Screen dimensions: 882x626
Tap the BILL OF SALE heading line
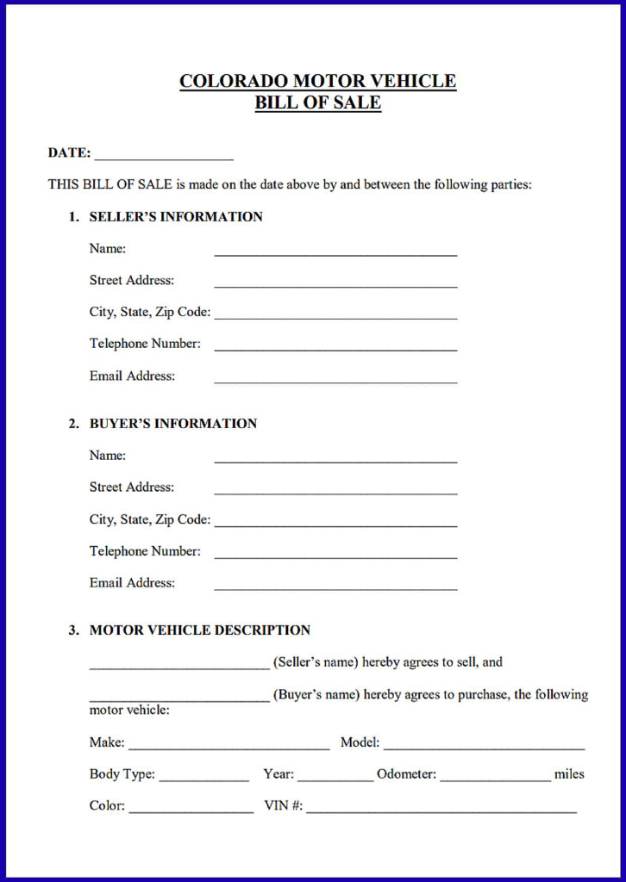317,103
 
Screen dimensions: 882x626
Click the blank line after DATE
164,158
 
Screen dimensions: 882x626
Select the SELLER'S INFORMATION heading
176,217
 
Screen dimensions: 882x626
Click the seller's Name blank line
335,253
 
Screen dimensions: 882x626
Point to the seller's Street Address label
131,281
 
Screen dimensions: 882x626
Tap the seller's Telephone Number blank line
335,348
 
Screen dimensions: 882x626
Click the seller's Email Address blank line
335,380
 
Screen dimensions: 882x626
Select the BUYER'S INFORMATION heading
173,424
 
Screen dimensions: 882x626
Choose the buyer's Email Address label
132,583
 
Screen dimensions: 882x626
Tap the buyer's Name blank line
335,460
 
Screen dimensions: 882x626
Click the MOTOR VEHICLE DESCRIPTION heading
200,630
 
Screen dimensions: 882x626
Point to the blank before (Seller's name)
179,666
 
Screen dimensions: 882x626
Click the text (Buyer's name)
316,695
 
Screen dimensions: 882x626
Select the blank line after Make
228,747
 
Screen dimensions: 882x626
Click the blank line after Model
484,747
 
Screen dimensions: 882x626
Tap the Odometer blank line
495,779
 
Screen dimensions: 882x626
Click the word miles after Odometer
569,774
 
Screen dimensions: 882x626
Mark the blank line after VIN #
441,811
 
